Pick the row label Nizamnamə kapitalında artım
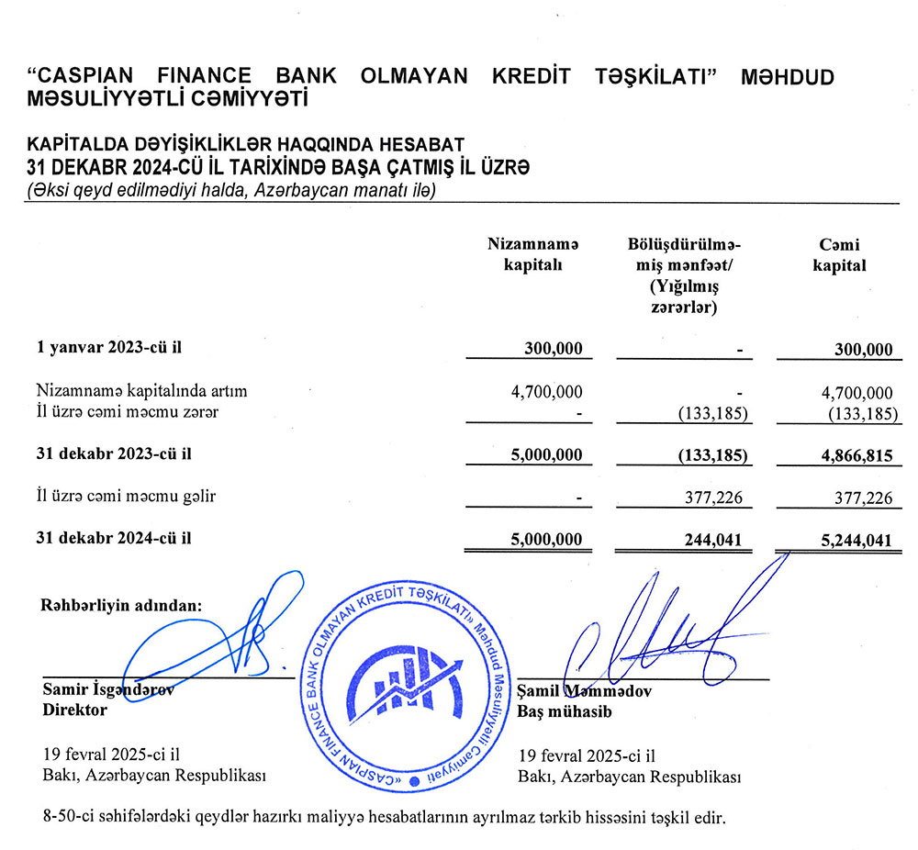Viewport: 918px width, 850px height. (x=142, y=391)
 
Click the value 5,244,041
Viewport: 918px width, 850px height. (x=848, y=540)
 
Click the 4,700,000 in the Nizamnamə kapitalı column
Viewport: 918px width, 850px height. (x=546, y=392)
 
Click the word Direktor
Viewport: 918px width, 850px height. (x=75, y=710)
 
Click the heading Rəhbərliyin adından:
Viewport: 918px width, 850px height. (x=120, y=606)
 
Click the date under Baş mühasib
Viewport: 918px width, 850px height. (x=587, y=757)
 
